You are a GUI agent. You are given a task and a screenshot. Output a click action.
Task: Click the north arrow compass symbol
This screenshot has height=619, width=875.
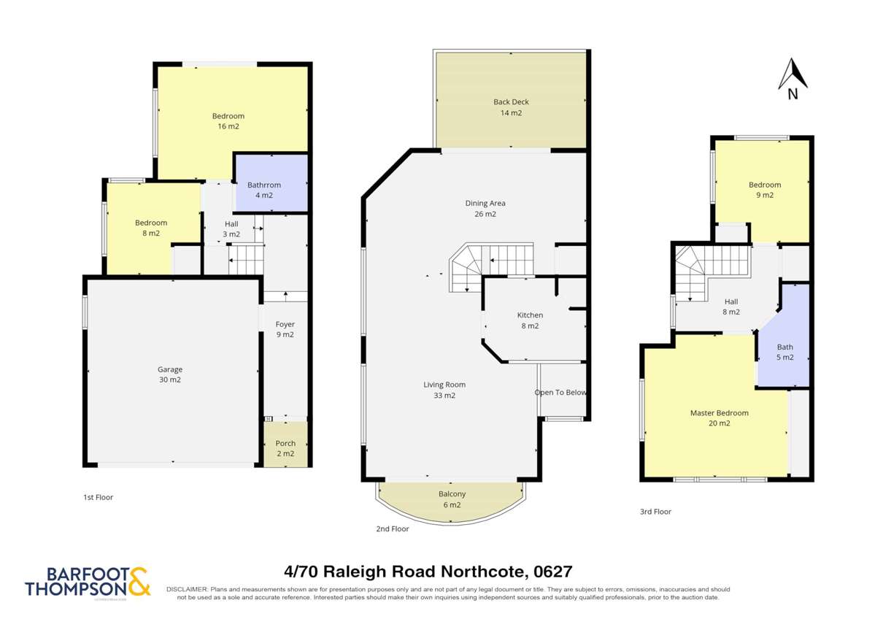coord(792,77)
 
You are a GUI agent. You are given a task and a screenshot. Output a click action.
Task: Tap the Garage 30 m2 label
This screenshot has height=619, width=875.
coord(170,374)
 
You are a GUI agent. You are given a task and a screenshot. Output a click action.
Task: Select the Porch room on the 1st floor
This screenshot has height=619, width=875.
coord(285,447)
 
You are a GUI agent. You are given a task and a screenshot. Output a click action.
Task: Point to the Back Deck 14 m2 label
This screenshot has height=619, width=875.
coord(511,107)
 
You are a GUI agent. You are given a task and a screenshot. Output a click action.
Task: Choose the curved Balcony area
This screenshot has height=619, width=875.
coord(451,499)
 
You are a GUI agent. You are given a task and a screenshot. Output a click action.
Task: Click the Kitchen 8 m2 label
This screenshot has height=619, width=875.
coord(530,320)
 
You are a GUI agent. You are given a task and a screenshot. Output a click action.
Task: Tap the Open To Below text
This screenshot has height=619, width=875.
coord(560,393)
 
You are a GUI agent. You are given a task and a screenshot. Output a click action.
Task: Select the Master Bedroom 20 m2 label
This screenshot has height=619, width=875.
coord(719,418)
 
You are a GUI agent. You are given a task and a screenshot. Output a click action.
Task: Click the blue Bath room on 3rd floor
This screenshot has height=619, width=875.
coord(785,352)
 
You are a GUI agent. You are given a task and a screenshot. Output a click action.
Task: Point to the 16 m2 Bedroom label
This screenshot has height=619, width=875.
coord(228,121)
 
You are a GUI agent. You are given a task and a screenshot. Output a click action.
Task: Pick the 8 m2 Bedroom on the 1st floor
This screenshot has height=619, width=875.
coord(151,228)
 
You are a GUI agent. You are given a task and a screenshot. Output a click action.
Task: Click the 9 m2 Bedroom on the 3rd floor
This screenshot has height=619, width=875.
coord(764,190)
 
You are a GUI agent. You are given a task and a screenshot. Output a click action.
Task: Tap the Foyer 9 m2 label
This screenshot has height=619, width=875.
coord(285,329)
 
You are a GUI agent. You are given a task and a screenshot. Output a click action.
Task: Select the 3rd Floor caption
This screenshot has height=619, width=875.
coord(655,512)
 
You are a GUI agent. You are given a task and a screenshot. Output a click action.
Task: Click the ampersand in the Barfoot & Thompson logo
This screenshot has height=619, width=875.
coord(139,582)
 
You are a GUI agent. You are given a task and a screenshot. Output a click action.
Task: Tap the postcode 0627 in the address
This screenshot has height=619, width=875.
coord(552,572)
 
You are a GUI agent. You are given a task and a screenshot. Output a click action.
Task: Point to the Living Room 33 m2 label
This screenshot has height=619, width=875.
coord(444,390)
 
